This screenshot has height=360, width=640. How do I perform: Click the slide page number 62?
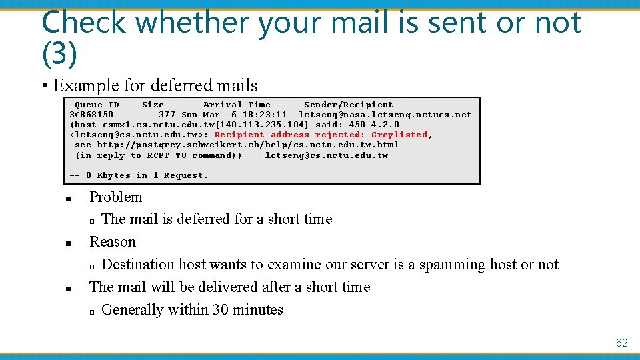click(621, 343)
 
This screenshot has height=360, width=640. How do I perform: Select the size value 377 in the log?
click(167, 115)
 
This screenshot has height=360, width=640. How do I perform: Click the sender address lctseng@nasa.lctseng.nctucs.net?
click(385, 115)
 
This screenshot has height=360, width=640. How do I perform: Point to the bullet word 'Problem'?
click(116, 197)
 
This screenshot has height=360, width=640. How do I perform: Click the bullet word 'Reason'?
click(113, 241)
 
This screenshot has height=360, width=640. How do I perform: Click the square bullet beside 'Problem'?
click(68, 199)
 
